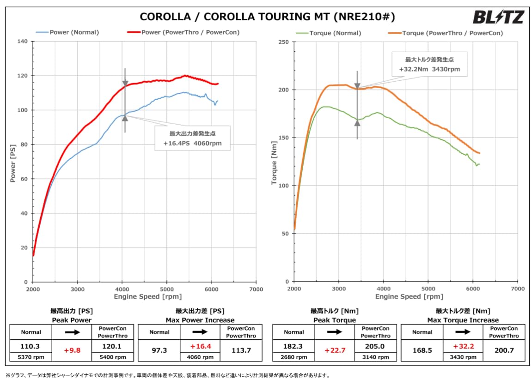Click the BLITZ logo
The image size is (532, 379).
pyautogui.click(x=498, y=18)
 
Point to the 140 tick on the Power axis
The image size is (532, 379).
pyautogui.click(x=23, y=42)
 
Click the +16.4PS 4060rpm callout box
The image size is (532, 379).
pyautogui.click(x=192, y=138)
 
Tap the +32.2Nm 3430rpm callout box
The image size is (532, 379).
pyautogui.click(x=429, y=65)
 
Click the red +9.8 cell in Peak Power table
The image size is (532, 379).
pyautogui.click(x=72, y=350)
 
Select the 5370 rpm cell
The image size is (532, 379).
pyautogui.click(x=31, y=357)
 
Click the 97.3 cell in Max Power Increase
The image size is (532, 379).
pyautogui.click(x=159, y=350)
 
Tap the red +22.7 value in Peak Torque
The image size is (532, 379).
pyautogui.click(x=335, y=350)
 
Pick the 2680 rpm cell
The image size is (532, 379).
pyautogui.click(x=294, y=357)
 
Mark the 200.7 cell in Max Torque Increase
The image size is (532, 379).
pyautogui.click(x=504, y=350)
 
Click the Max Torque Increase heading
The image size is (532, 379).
pyautogui.click(x=463, y=320)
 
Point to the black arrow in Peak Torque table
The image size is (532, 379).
pyautogui.click(x=335, y=332)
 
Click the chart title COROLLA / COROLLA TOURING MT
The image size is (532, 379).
pyautogui.click(x=267, y=17)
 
